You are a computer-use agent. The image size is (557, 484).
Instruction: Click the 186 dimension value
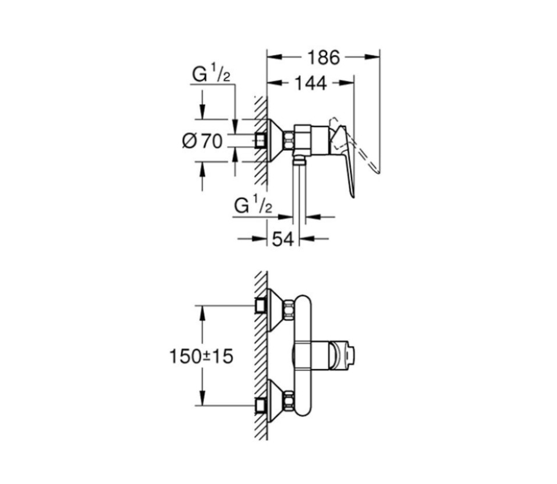[323, 57]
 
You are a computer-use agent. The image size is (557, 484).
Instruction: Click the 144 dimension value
[310, 83]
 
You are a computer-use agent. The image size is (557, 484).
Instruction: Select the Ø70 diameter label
[202, 141]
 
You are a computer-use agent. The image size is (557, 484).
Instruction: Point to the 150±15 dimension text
[201, 356]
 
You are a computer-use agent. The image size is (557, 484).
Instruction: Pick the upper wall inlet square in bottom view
[261, 305]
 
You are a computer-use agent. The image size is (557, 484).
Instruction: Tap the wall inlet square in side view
[261, 140]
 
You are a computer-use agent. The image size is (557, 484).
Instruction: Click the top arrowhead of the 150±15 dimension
[202, 312]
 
